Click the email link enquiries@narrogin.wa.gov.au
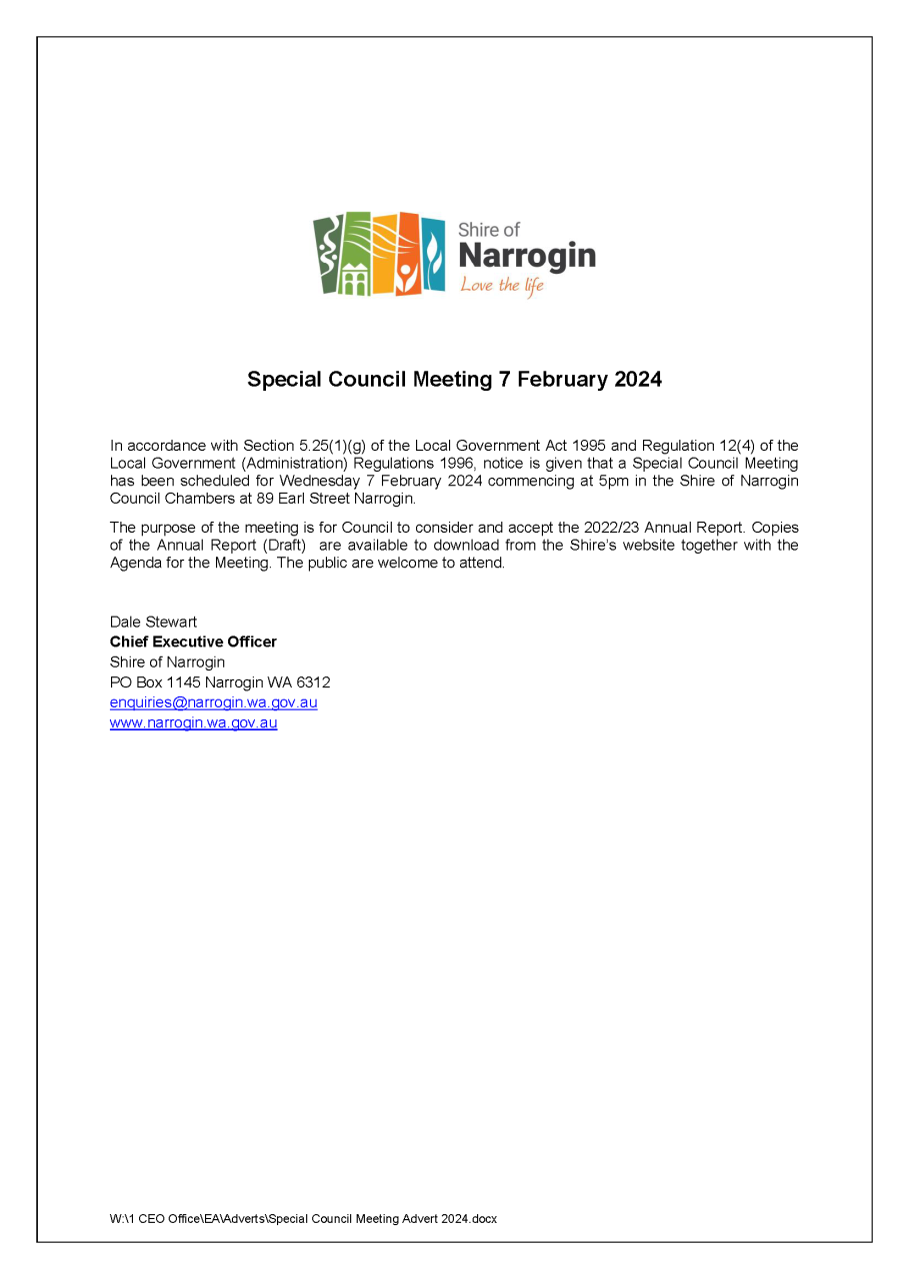pos(213,702)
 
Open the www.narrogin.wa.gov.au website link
pos(193,722)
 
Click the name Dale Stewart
pos(153,622)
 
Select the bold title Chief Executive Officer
pos(193,641)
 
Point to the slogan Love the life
pos(502,286)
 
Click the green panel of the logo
pos(328,254)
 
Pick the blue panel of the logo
pos(433,254)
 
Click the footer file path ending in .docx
pos(303,1218)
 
